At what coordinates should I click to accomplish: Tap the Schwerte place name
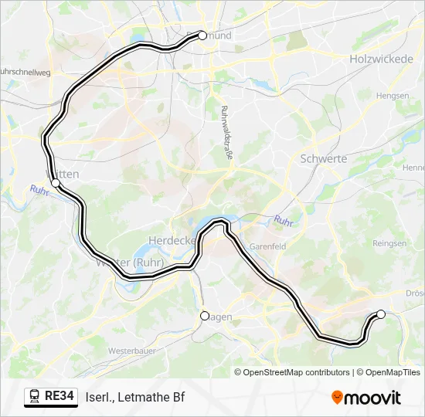(322, 158)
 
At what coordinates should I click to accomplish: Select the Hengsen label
(392, 96)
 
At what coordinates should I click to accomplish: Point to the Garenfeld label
(268, 246)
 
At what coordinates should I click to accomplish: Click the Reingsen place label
(389, 243)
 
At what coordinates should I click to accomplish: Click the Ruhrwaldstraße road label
(227, 132)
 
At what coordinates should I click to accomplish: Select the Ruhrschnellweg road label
(25, 71)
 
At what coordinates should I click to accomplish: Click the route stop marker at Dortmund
(202, 35)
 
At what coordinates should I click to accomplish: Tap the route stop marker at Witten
(56, 182)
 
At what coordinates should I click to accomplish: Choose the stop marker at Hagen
(205, 315)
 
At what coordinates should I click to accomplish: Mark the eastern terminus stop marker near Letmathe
(380, 314)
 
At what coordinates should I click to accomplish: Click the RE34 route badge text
(59, 397)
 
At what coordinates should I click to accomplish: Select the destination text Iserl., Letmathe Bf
(135, 397)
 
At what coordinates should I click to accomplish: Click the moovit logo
(366, 398)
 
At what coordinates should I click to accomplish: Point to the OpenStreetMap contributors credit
(292, 372)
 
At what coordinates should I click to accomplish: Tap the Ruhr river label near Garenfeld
(284, 221)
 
